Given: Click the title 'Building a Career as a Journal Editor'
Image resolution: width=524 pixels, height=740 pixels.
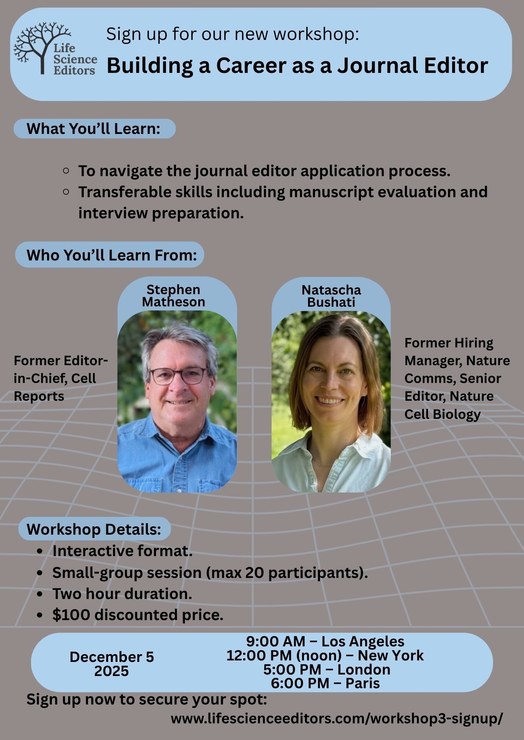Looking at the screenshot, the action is [297, 66].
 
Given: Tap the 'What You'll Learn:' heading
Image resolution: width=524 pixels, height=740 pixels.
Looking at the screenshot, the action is [93, 129].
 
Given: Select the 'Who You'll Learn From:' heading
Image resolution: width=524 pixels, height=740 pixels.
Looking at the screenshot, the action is [112, 255].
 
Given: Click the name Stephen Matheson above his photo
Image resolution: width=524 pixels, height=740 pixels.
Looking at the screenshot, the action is [173, 296].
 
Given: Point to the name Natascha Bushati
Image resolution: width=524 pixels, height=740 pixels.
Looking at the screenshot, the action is [331, 296].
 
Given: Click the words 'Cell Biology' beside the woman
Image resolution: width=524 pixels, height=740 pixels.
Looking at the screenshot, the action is [442, 414].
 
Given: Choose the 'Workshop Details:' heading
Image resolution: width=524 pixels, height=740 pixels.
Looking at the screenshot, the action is [94, 529].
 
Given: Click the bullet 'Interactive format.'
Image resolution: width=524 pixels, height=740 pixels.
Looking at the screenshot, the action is [122, 551].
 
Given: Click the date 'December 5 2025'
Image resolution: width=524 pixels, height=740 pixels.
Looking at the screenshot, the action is [112, 664].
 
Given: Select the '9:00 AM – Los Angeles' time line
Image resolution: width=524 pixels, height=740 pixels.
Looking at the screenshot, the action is [325, 641].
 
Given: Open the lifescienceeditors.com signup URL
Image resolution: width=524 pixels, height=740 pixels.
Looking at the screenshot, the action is [337, 719].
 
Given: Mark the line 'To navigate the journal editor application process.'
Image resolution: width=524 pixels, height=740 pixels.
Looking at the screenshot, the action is [264, 171].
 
